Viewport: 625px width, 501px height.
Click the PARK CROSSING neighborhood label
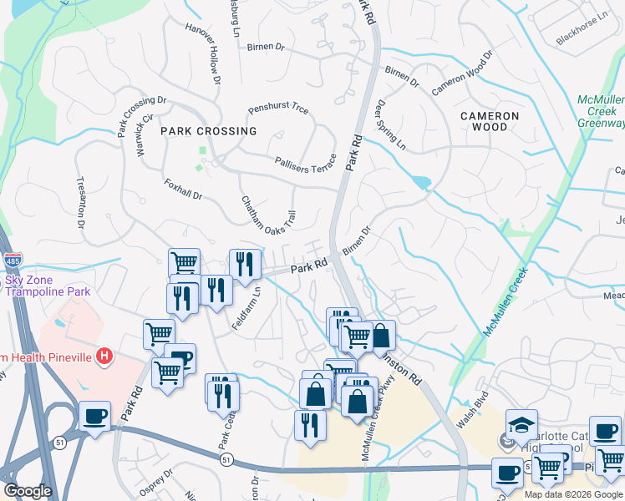tap(209, 131)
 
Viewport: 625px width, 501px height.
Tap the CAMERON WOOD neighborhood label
tap(490, 121)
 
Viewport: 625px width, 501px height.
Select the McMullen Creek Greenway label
tap(601, 111)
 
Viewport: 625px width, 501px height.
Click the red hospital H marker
tap(104, 357)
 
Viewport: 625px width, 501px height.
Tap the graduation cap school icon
tap(521, 423)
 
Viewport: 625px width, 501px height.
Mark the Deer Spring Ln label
tap(391, 126)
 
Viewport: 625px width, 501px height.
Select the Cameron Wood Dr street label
tap(462, 75)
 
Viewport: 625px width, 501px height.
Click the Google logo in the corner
tap(28, 491)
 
